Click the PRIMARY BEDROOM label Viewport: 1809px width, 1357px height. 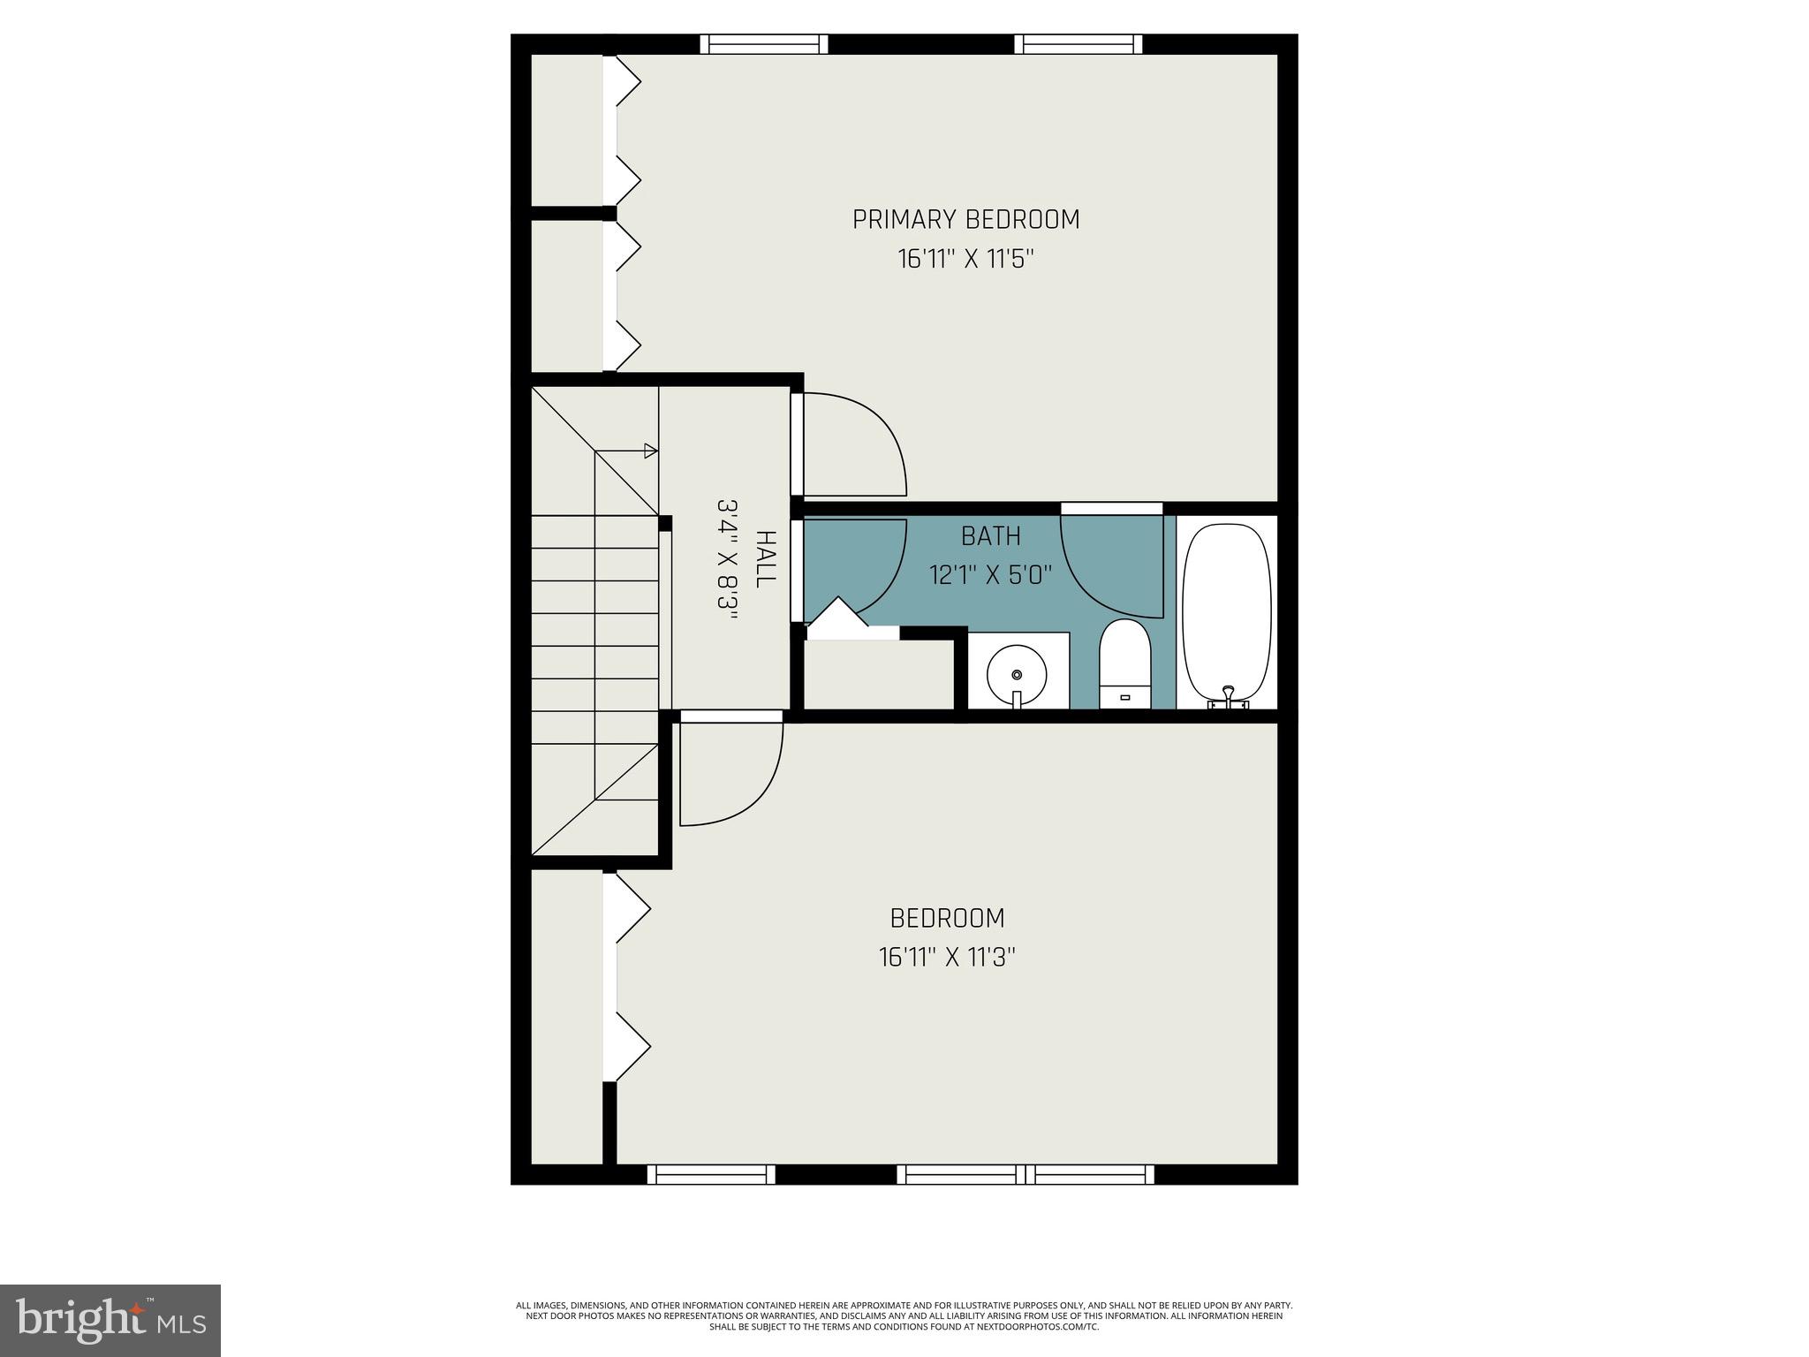tap(965, 219)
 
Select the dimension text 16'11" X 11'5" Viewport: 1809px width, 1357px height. tap(965, 260)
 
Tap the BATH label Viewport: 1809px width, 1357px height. tap(990, 536)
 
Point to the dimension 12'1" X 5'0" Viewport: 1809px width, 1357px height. tap(990, 576)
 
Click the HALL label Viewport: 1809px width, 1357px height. tap(765, 558)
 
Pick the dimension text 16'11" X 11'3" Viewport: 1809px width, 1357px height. tap(947, 958)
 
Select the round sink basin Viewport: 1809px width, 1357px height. tap(1017, 674)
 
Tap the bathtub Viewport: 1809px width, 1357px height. tap(1226, 610)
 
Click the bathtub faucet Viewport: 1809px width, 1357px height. tap(1228, 695)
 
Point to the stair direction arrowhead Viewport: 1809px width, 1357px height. tap(651, 451)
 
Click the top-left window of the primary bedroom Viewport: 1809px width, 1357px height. tap(764, 44)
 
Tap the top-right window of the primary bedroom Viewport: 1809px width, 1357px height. tap(1078, 44)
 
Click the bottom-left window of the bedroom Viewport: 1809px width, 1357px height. tap(711, 1174)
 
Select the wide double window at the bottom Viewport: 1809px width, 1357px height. tap(1026, 1174)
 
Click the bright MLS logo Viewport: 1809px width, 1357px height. tap(110, 1320)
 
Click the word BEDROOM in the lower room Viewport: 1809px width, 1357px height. tap(947, 919)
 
